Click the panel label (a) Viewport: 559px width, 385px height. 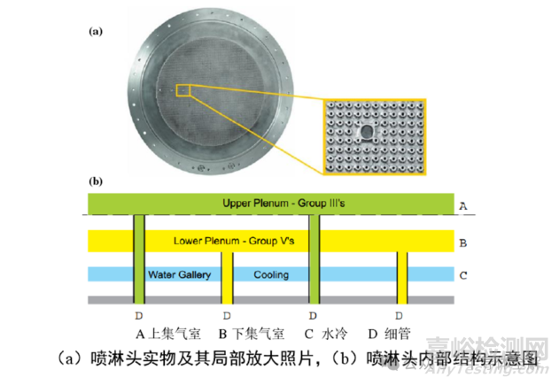96,32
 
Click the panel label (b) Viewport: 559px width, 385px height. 96,181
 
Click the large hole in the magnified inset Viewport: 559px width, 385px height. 366,132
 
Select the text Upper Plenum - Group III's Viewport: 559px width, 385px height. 283,204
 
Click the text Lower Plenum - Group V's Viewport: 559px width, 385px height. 234,241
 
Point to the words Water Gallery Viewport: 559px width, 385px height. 179,274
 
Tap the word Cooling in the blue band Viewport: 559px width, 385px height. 271,274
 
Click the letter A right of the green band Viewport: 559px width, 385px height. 463,206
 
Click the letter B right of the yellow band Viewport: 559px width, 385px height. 463,243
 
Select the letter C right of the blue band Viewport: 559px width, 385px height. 463,275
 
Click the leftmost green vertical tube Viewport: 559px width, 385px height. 139,259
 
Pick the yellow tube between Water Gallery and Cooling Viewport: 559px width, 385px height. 227,278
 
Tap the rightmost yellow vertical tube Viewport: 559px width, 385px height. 402,278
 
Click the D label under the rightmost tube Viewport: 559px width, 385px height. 399,316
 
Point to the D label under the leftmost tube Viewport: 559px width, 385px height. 139,316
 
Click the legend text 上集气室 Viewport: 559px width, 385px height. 175,334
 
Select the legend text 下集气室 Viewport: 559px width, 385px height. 259,334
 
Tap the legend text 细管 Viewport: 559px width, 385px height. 398,334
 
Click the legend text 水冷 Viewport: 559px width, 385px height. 334,334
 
